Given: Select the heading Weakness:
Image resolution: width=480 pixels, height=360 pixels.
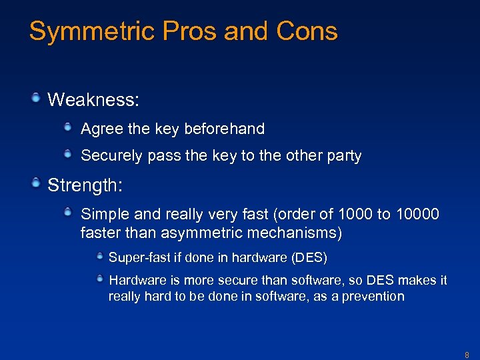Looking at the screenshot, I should pos(93,101).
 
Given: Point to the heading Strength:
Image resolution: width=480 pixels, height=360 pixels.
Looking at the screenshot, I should pos(85,186).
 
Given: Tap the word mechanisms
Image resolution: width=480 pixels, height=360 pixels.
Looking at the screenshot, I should pos(303,233).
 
